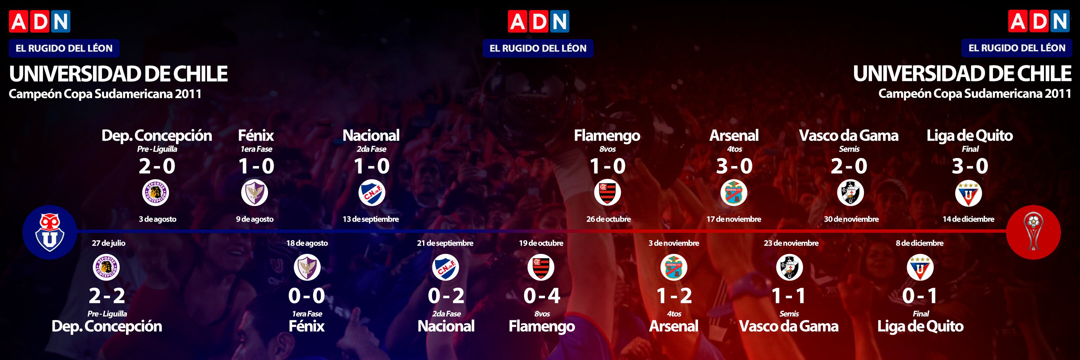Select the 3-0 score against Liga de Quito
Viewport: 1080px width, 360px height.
(970, 166)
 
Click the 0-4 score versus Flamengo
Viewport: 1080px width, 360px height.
(542, 296)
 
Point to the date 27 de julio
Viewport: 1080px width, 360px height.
(109, 243)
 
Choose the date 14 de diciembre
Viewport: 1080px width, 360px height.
(968, 219)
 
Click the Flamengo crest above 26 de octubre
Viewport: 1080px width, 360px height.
(607, 193)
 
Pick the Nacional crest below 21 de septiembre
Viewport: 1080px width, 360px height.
(446, 267)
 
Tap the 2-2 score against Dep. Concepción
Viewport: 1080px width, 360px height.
(107, 296)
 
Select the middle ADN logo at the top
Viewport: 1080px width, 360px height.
(539, 21)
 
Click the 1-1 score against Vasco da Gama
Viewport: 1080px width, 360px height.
(789, 296)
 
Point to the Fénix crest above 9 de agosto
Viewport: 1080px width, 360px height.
(254, 193)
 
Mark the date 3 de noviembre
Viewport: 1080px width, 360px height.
(674, 243)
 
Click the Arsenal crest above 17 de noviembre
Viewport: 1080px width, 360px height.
(734, 193)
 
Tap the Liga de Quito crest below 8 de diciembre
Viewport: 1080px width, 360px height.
(920, 267)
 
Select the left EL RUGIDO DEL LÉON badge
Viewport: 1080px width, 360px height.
(64, 48)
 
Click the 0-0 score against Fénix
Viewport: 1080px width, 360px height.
(306, 296)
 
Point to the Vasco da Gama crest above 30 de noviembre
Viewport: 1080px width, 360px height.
(850, 193)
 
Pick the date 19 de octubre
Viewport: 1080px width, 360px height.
(541, 243)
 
